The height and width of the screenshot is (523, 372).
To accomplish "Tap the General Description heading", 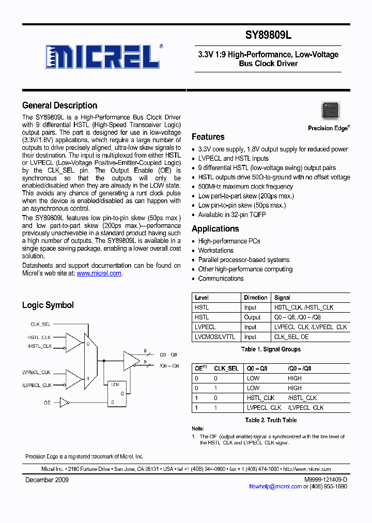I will (59, 105).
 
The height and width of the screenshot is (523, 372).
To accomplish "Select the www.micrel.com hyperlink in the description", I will (99, 273).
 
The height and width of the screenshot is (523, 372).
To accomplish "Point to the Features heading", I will (208, 137).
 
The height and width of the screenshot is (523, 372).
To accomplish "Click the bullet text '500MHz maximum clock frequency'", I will (245, 187).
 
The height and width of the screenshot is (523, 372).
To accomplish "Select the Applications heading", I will (215, 229).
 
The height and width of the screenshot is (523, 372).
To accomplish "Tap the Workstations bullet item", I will (216, 251).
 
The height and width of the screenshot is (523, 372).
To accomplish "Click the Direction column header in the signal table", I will (255, 298).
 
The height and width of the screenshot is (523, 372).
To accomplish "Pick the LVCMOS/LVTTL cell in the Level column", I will (214, 337).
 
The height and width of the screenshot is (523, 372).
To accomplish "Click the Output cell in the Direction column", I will (252, 317).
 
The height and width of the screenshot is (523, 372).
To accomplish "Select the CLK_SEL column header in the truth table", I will (226, 368).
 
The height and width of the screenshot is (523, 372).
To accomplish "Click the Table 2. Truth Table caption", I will (271, 420).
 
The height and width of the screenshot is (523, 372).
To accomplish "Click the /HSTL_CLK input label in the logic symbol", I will (40, 346).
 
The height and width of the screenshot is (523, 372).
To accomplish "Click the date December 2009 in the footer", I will (47, 480).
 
